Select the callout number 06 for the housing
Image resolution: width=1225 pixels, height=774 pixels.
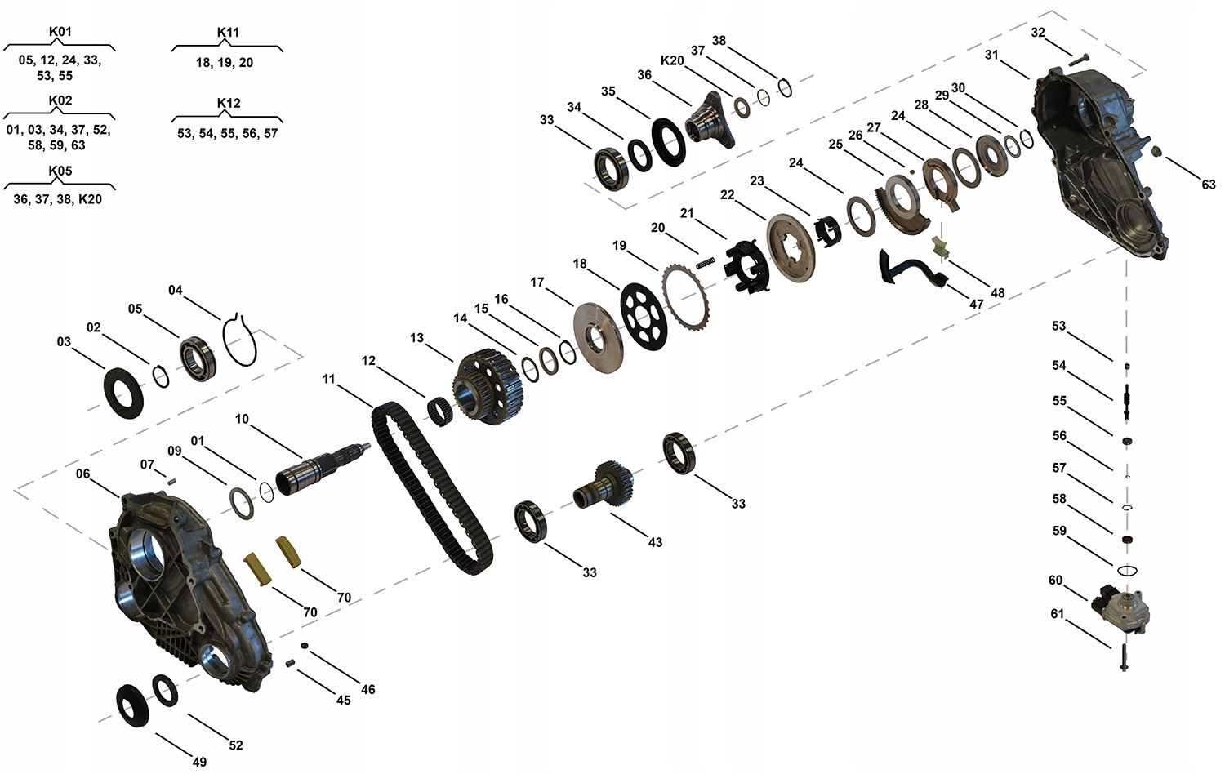(x=83, y=474)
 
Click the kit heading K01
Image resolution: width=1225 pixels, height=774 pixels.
(x=60, y=33)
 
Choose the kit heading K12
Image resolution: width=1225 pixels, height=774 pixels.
(x=229, y=104)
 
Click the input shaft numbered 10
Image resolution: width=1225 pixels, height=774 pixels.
(x=323, y=468)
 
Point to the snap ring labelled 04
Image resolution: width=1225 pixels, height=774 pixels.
(x=242, y=338)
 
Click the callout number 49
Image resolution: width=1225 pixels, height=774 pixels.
(x=199, y=762)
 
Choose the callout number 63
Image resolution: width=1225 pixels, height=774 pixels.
(x=1208, y=185)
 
